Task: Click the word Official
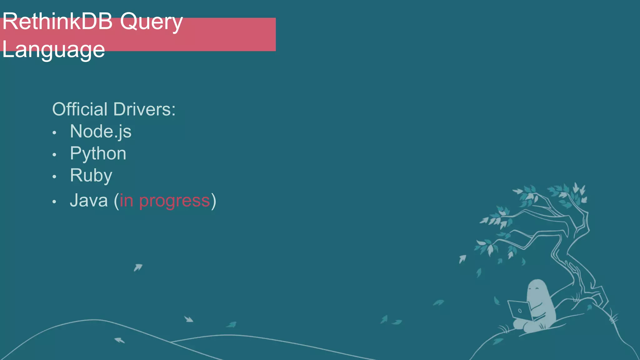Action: (x=80, y=109)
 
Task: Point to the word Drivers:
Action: (x=144, y=109)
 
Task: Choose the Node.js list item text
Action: (x=101, y=132)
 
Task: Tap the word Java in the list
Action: (x=89, y=200)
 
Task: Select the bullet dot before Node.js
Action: (x=54, y=133)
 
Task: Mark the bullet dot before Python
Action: (x=54, y=155)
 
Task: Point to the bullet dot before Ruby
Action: (x=54, y=177)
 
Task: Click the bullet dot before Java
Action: (x=54, y=202)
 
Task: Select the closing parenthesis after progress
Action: (x=213, y=201)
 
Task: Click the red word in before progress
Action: (x=127, y=200)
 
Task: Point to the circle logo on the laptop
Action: (x=520, y=311)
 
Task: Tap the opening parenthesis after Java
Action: (x=116, y=201)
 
